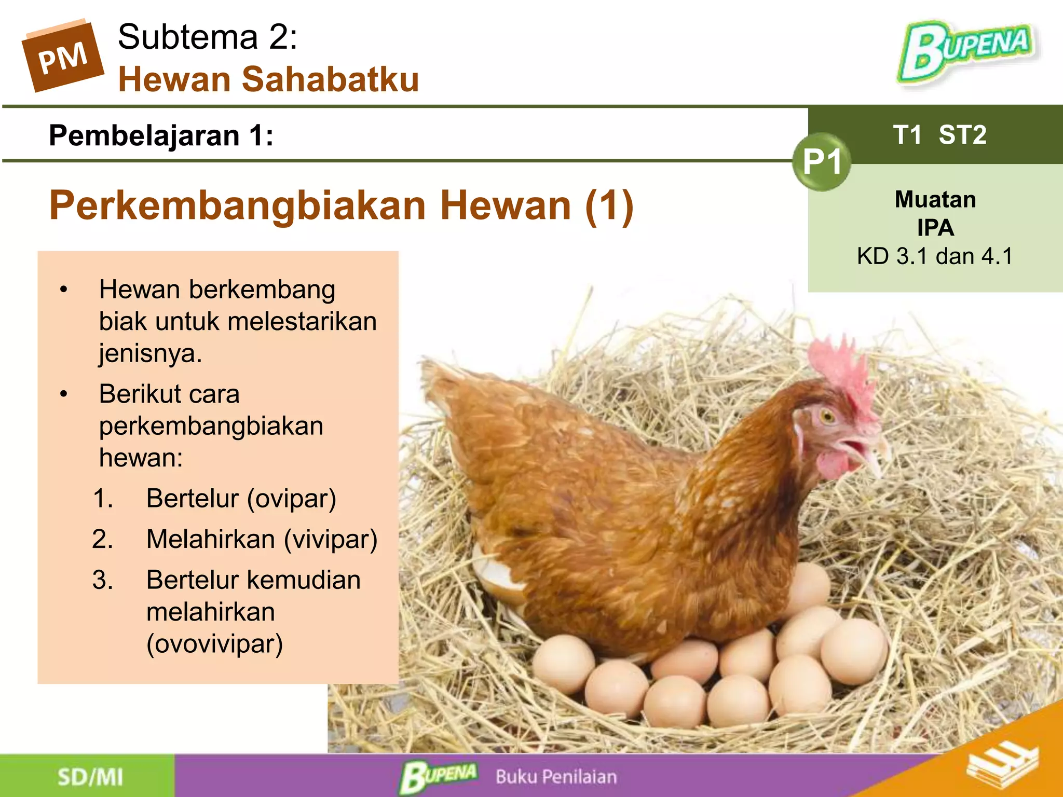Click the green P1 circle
click(x=822, y=162)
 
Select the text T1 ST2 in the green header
click(x=939, y=135)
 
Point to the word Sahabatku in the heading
click(x=330, y=79)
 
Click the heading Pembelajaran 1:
click(x=161, y=136)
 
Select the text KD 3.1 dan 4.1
click(x=934, y=256)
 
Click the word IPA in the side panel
click(x=935, y=228)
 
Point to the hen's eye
click(x=826, y=416)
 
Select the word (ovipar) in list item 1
click(x=292, y=499)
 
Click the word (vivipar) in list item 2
click(x=331, y=539)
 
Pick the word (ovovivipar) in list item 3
click(x=214, y=644)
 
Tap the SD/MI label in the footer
click(x=90, y=777)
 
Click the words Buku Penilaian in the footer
click(x=556, y=777)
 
